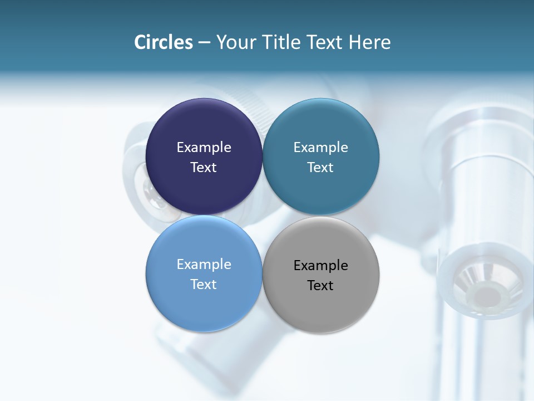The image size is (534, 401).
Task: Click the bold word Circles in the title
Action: point(163,42)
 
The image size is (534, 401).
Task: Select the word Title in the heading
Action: point(281,42)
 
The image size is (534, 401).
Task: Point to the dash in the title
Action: point(204,43)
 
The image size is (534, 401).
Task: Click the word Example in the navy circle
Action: point(204,148)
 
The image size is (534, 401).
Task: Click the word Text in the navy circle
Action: point(204,168)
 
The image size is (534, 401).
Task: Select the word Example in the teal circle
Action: point(321,148)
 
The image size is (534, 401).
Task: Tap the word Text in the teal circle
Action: point(321,168)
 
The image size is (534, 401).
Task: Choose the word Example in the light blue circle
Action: point(204,265)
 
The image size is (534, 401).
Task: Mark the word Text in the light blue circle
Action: point(204,285)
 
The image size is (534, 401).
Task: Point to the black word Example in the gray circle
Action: point(321,266)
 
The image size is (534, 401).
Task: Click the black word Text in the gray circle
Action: point(321,286)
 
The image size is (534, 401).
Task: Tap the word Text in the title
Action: point(325,42)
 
